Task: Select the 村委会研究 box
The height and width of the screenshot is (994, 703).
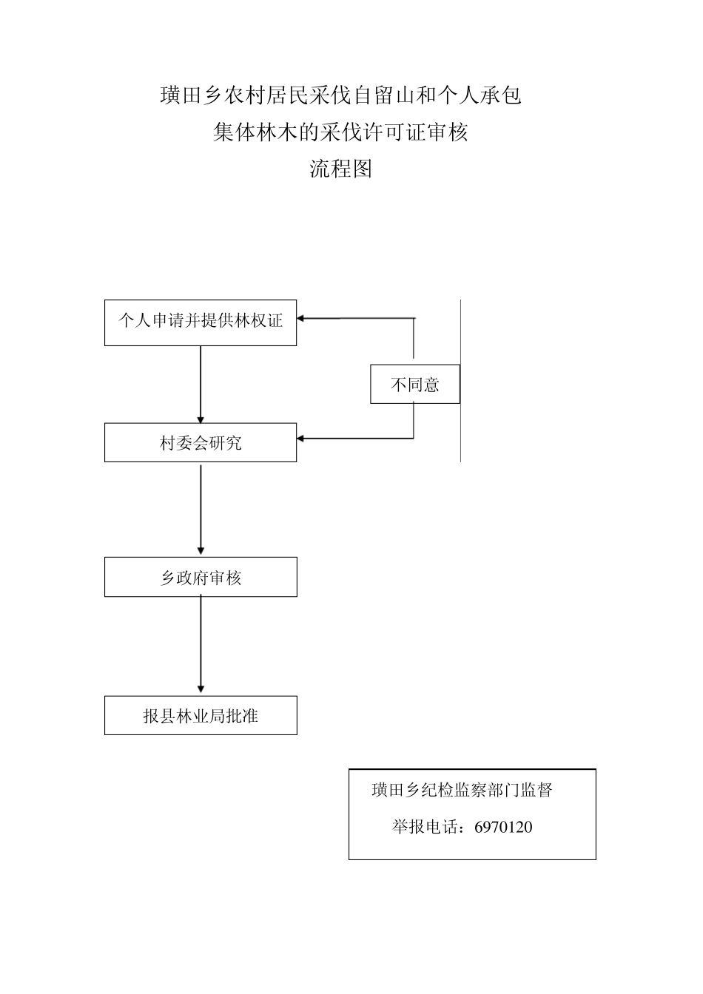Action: [201, 443]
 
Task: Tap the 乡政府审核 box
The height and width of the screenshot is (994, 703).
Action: [201, 578]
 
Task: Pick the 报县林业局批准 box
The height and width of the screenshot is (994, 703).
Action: [201, 716]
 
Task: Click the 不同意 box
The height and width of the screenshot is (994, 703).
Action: [415, 385]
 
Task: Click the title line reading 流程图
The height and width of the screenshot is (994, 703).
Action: [340, 169]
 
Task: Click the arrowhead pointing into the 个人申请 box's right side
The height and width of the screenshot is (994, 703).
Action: [302, 319]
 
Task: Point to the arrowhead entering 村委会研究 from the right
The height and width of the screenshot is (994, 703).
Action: [302, 439]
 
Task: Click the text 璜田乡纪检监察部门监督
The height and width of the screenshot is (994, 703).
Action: [462, 790]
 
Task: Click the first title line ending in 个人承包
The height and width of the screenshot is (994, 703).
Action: [340, 95]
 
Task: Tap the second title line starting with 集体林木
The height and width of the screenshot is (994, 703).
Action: [340, 132]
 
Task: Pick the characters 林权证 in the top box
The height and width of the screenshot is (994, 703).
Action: [258, 321]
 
